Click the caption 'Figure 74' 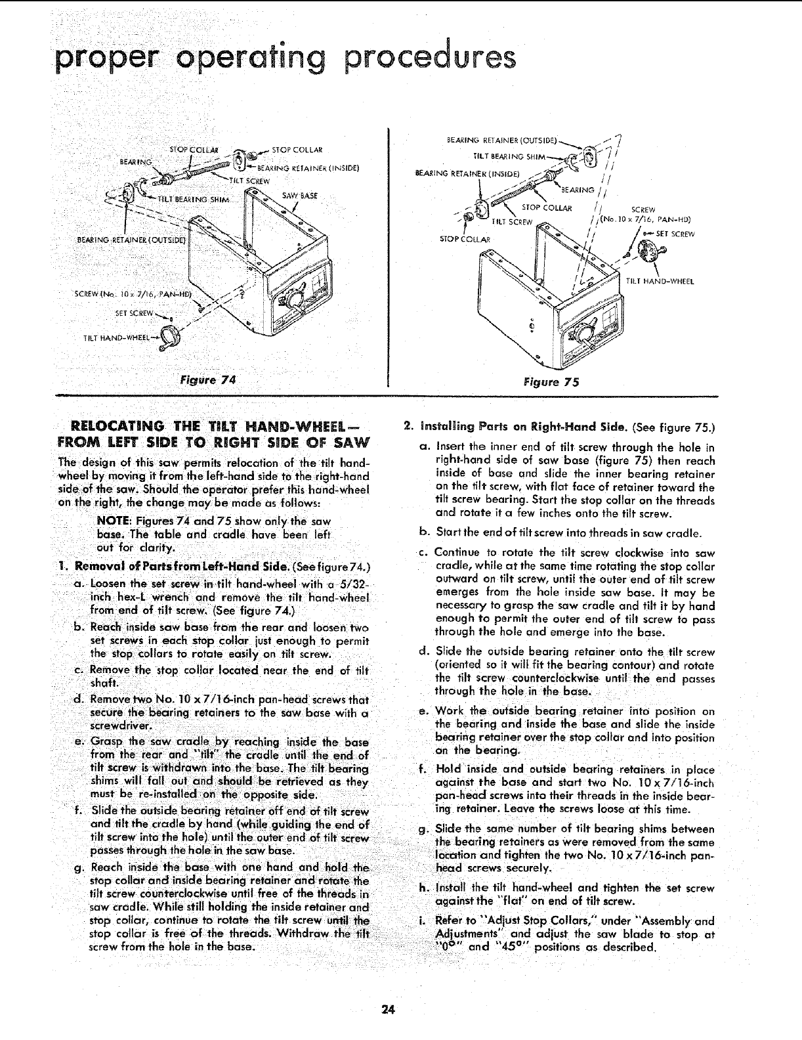[x=207, y=379]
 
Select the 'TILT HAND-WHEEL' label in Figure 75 [x=660, y=282]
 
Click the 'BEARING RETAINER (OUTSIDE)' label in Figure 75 [x=502, y=140]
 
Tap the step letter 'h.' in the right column [x=424, y=888]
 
